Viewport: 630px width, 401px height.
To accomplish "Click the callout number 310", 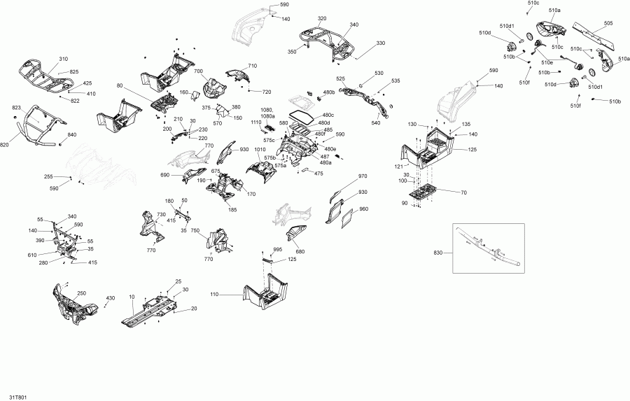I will pos(64,59).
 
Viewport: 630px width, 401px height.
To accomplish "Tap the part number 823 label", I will pos(17,108).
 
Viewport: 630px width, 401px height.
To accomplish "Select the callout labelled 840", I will pos(71,134).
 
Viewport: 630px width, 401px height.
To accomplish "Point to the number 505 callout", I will pos(608,23).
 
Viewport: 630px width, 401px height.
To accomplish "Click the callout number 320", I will pos(322,18).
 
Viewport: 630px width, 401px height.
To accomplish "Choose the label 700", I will pos(198,72).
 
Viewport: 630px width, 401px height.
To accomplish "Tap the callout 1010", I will pos(260,149).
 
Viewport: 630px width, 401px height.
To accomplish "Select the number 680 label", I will pos(300,252).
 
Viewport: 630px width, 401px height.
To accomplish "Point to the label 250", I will pos(81,293).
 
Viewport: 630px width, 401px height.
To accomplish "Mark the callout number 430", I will pos(110,299).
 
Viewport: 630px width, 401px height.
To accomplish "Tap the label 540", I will pos(376,123).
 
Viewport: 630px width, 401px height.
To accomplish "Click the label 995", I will pos(277,249).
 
